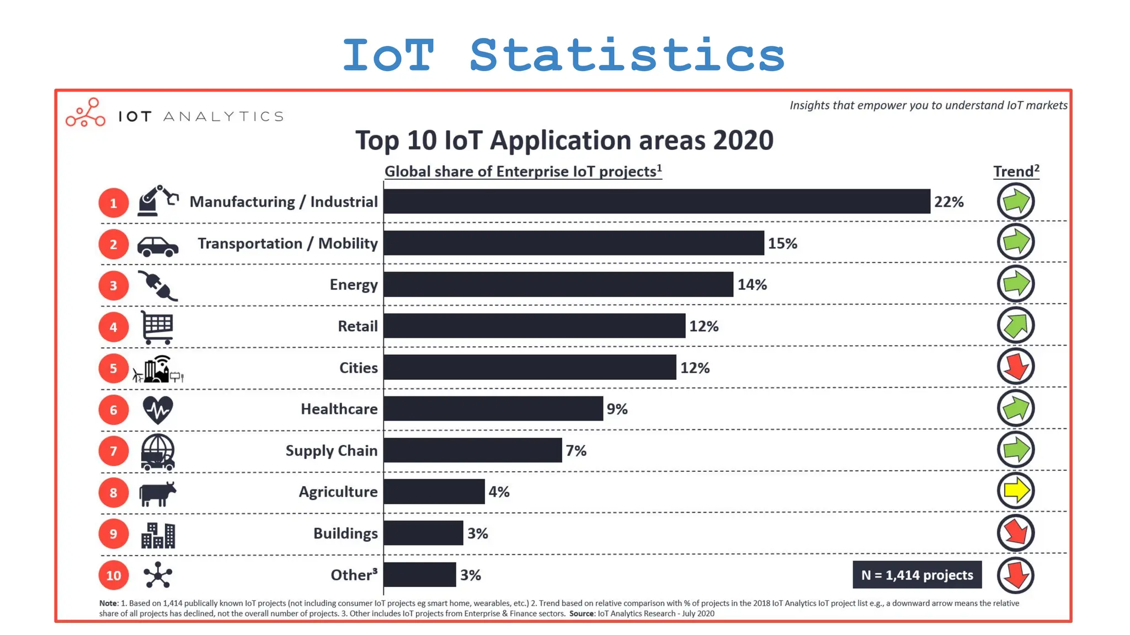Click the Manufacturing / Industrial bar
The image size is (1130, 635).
[657, 202]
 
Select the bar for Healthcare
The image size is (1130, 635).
[493, 409]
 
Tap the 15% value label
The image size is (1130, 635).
[782, 244]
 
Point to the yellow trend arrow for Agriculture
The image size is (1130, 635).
[1016, 491]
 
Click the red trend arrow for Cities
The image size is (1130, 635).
[1016, 367]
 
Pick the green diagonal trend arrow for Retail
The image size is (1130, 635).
[1016, 325]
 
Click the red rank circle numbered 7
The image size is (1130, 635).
[114, 451]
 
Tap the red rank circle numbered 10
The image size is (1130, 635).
[114, 575]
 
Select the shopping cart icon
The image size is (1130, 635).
[157, 327]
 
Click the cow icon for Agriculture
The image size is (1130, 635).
[158, 493]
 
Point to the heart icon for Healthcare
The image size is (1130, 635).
[158, 410]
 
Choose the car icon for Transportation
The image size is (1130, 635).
[158, 246]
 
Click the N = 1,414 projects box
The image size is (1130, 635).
[917, 575]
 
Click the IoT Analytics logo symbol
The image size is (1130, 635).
[86, 113]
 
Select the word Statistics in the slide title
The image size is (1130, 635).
[627, 55]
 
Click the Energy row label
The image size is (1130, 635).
[354, 285]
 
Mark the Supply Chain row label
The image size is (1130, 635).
[332, 451]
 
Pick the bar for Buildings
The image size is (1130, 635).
[423, 533]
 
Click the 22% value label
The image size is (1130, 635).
[948, 202]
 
